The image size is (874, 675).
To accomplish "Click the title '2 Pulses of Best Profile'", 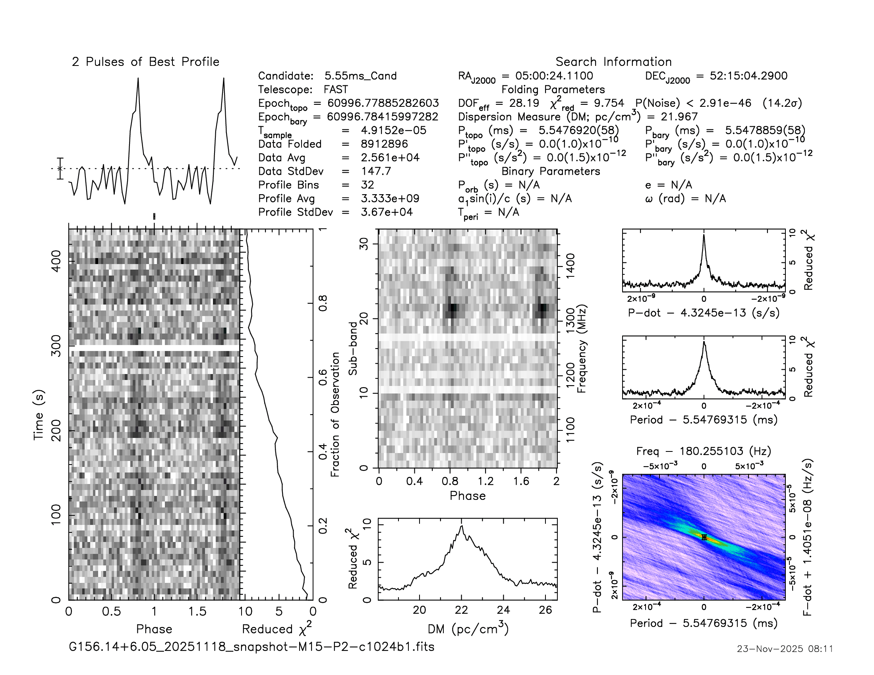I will [146, 62].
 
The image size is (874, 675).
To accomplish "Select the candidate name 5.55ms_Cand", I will [360, 76].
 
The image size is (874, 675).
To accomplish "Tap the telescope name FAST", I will [336, 90].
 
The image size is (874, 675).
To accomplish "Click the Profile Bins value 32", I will [367, 185].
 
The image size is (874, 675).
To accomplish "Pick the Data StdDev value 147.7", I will [376, 171].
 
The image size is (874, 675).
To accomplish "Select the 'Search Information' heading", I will [613, 62].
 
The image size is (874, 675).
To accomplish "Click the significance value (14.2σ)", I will [782, 103].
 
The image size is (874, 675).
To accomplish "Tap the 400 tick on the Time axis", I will [56, 261].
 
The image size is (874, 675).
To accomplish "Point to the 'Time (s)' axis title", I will [39, 415].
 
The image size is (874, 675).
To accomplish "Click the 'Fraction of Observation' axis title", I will [335, 414].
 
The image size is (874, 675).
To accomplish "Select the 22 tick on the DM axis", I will [461, 610].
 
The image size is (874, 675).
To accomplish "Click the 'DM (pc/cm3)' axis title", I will [468, 629].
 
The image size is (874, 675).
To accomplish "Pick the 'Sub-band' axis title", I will [352, 348].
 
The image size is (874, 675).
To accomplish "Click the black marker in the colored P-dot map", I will [704, 538].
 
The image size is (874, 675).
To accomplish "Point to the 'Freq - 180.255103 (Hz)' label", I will [704, 451].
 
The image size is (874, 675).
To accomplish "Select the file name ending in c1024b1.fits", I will [251, 646].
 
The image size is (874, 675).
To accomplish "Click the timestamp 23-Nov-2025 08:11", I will [785, 649].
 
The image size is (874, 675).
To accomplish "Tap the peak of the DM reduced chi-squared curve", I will [462, 526].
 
